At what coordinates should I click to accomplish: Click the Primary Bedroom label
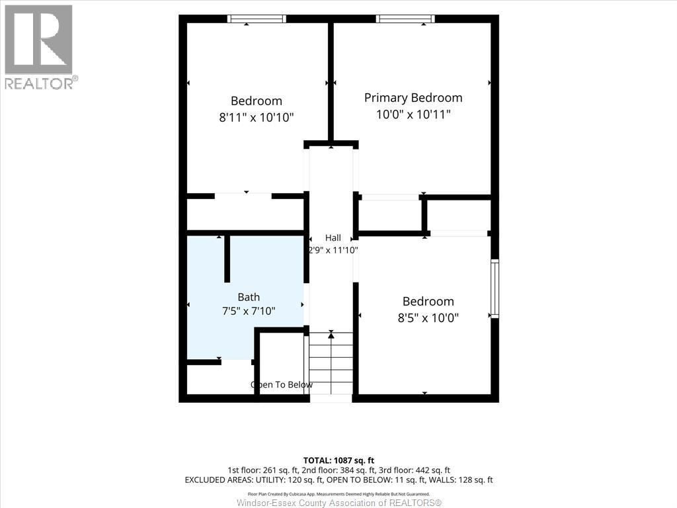pyautogui.click(x=413, y=98)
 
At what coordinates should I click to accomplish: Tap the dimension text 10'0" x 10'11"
pyautogui.click(x=413, y=114)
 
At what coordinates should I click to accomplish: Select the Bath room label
pyautogui.click(x=249, y=297)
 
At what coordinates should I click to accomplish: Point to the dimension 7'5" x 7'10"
pyautogui.click(x=249, y=311)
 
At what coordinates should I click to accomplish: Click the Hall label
pyautogui.click(x=333, y=237)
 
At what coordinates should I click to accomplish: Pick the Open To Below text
pyautogui.click(x=282, y=384)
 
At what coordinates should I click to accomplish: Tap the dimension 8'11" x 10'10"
pyautogui.click(x=257, y=117)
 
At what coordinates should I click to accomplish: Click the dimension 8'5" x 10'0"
pyautogui.click(x=428, y=318)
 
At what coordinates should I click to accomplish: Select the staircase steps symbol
pyautogui.click(x=331, y=363)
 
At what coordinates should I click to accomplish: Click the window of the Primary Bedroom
pyautogui.click(x=405, y=19)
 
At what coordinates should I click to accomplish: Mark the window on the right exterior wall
pyautogui.click(x=495, y=288)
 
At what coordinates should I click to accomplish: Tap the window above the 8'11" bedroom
pyautogui.click(x=257, y=19)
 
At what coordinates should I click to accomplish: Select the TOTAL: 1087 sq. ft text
pyautogui.click(x=338, y=460)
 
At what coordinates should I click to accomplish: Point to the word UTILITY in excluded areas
pyautogui.click(x=267, y=480)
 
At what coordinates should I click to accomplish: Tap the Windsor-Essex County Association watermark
pyautogui.click(x=339, y=503)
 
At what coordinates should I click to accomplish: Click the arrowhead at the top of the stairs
pyautogui.click(x=331, y=334)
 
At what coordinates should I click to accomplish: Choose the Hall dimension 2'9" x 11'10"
pyautogui.click(x=333, y=250)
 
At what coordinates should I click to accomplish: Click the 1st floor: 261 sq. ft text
pyautogui.click(x=262, y=470)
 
